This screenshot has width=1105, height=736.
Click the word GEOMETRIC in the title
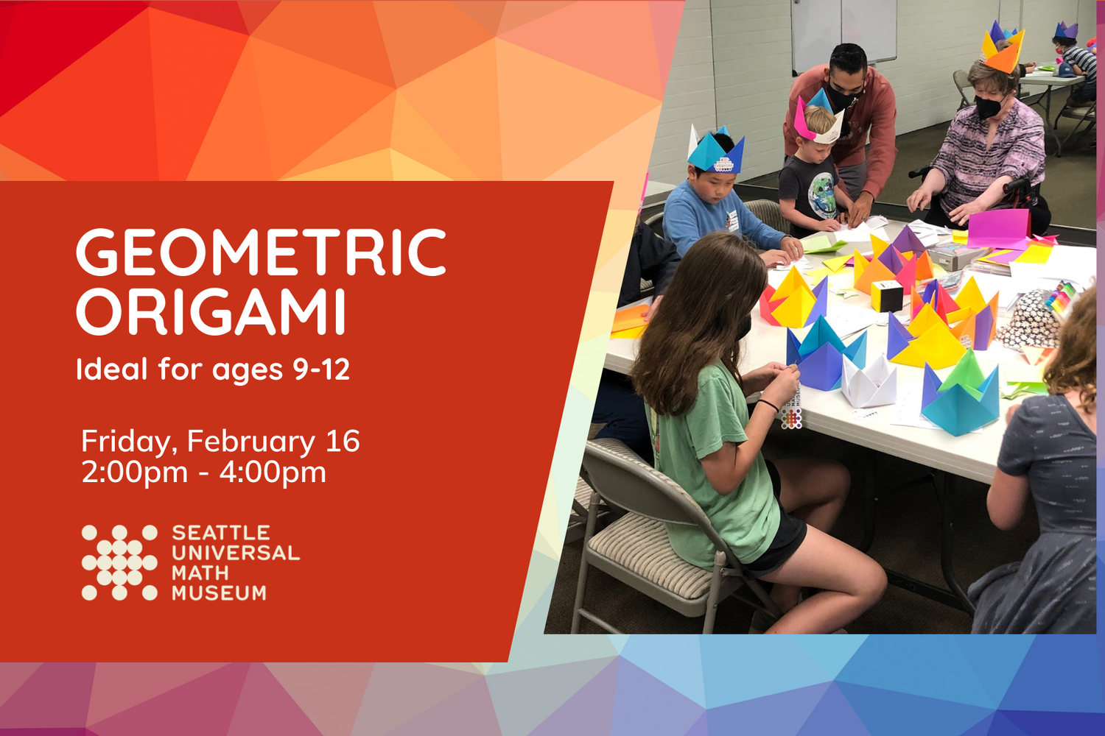point(261,252)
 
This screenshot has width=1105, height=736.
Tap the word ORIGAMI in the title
point(211,312)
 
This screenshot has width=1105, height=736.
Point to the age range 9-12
point(321,369)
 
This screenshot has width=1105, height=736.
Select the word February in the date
point(251,442)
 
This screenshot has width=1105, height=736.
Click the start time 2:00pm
point(134,472)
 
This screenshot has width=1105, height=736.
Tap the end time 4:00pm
point(273,472)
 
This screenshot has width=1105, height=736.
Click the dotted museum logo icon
point(119,563)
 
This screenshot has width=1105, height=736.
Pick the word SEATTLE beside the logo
point(221,533)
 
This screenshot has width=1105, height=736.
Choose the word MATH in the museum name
point(200,573)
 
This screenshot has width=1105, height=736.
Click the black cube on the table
point(887,296)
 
